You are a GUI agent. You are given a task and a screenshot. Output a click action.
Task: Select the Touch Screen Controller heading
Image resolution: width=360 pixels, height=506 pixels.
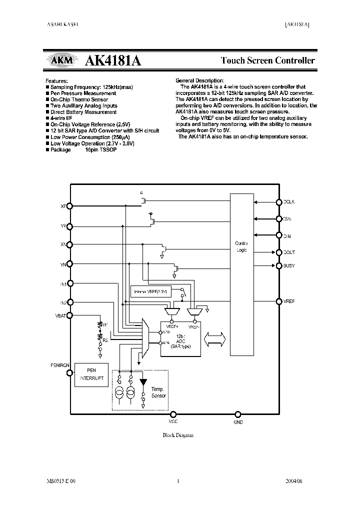click(x=268, y=60)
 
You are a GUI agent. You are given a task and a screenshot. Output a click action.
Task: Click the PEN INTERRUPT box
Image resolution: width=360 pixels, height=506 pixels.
click(x=91, y=375)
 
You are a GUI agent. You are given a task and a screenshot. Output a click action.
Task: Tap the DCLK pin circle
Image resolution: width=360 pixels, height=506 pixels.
click(x=279, y=202)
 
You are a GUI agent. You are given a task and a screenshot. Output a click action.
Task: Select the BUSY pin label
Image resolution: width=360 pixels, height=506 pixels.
click(x=289, y=265)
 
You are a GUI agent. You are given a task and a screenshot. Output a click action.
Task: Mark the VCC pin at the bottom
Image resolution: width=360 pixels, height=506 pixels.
click(x=173, y=414)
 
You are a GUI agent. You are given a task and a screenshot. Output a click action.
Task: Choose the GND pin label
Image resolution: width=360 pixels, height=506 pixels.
click(x=238, y=422)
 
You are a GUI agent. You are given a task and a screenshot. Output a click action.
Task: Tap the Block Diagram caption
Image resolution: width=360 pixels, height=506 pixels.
click(x=178, y=435)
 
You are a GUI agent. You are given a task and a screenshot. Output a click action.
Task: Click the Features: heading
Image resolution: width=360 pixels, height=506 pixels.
click(x=56, y=80)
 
